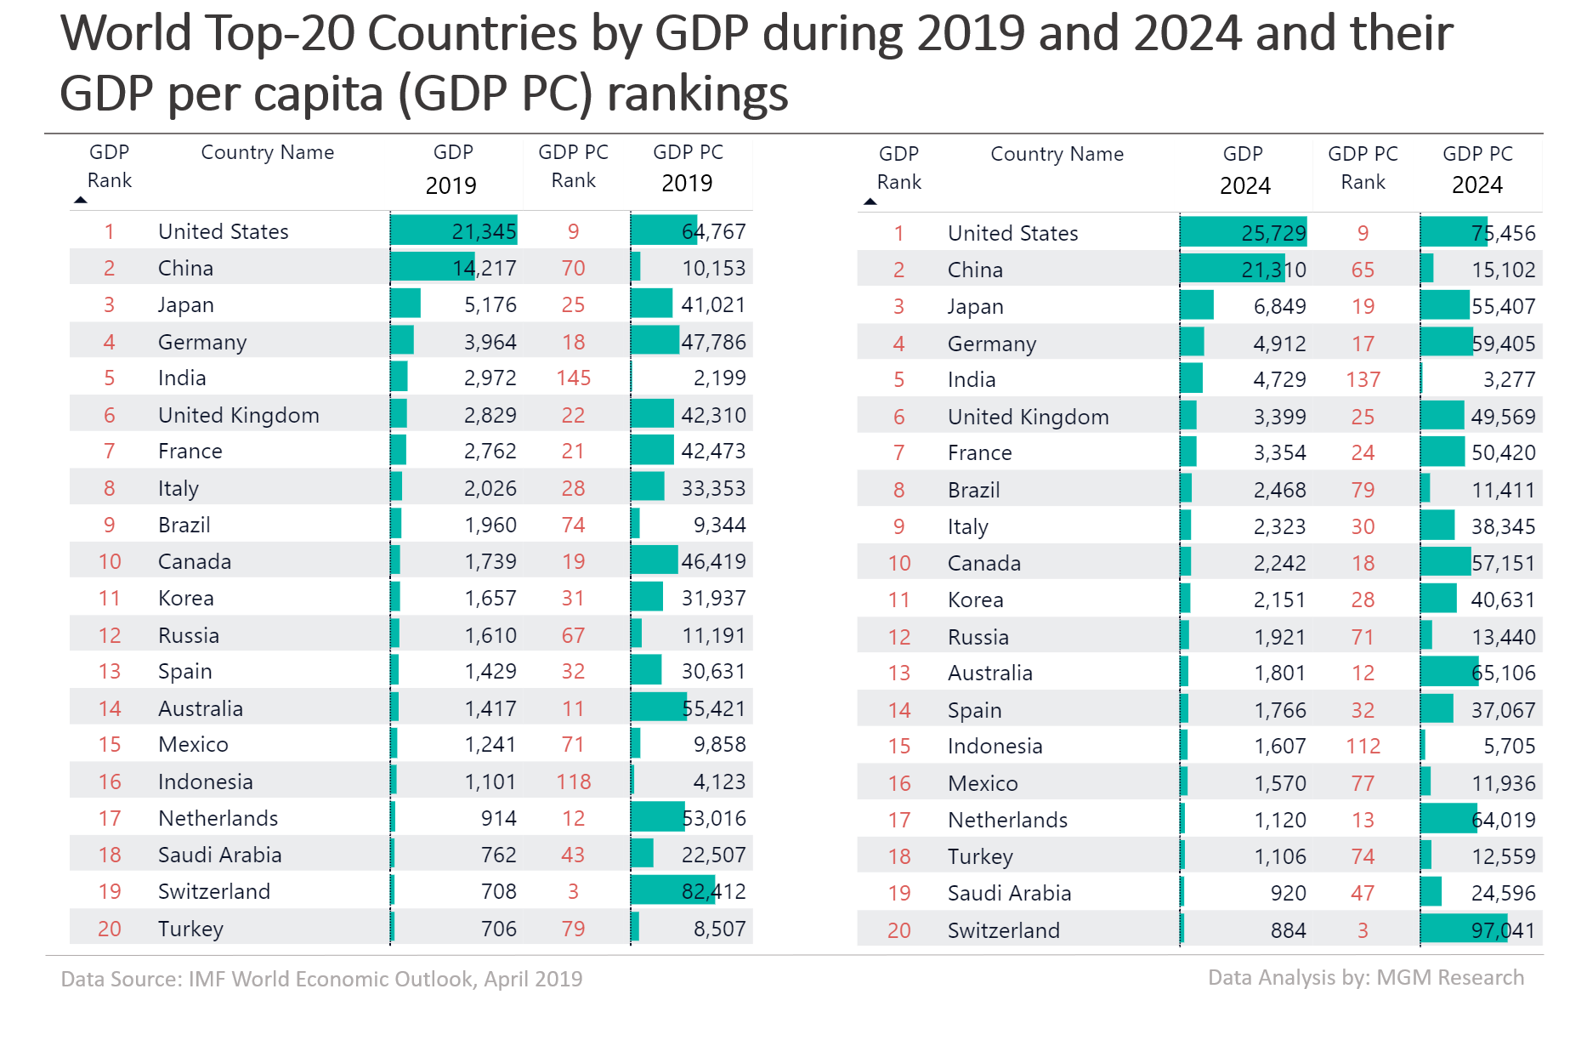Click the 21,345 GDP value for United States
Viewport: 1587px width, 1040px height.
[x=484, y=231]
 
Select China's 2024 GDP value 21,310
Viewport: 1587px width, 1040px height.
[x=1273, y=270]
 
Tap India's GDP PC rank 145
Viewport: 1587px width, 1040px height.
[x=574, y=378]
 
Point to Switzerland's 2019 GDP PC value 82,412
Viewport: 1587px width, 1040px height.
[x=713, y=891]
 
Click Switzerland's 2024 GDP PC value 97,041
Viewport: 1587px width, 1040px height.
[x=1503, y=930]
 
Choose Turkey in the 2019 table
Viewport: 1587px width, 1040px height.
[x=190, y=929]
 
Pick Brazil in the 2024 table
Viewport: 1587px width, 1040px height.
[x=973, y=490]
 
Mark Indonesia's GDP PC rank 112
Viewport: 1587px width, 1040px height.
[x=1363, y=746]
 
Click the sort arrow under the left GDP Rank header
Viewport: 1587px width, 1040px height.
[x=81, y=201]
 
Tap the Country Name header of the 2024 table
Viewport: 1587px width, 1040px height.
[x=1057, y=154]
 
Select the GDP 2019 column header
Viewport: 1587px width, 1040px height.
[x=452, y=168]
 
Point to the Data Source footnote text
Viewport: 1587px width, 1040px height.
[x=321, y=979]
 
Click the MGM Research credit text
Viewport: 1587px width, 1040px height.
[x=1365, y=977]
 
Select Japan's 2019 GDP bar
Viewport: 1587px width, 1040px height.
[x=406, y=304]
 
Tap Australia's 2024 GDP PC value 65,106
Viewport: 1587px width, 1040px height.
[x=1503, y=673]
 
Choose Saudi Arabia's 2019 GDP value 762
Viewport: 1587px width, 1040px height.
[x=498, y=855]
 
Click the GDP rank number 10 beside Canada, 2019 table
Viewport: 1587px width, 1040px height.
[x=110, y=561]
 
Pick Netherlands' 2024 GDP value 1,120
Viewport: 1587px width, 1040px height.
[x=1280, y=820]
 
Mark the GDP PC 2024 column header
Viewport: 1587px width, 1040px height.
[x=1477, y=168]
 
